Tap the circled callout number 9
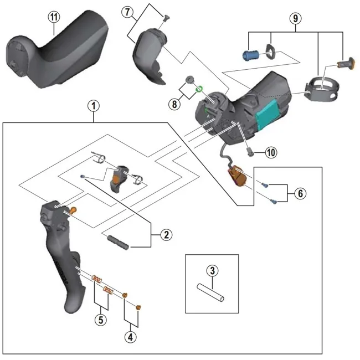[x=296, y=18]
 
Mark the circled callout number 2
[x=164, y=235]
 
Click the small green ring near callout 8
[x=200, y=86]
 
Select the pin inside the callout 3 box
[x=211, y=292]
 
